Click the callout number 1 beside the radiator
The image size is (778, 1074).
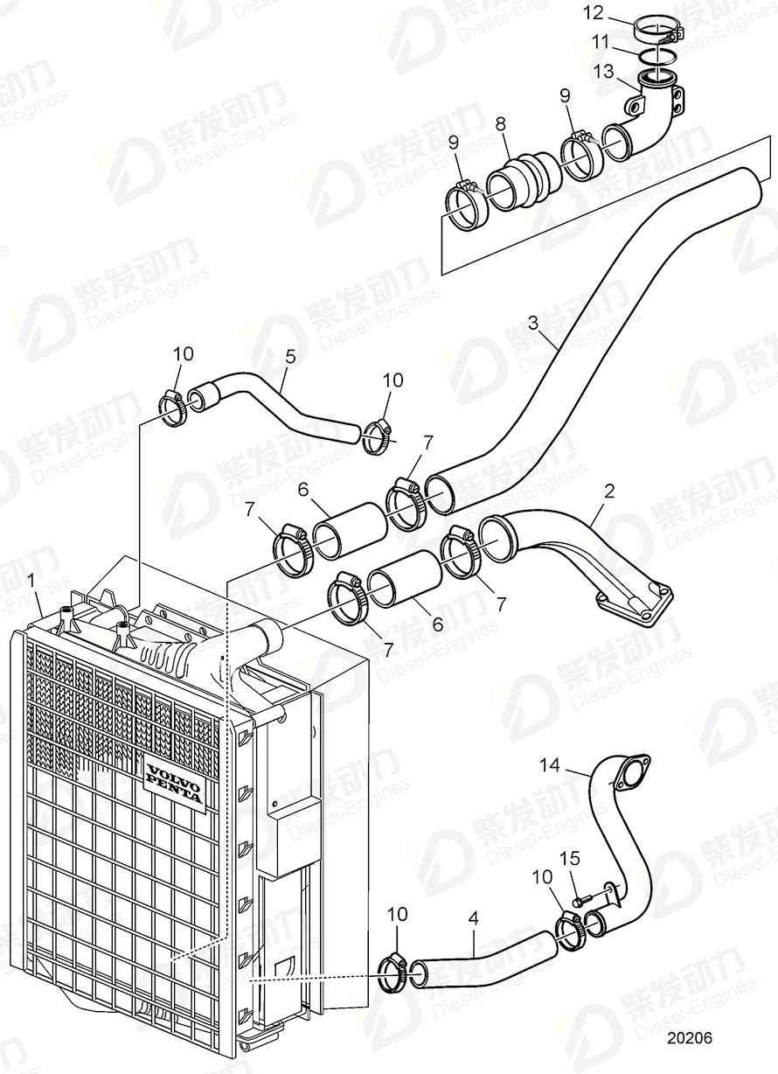pyautogui.click(x=31, y=579)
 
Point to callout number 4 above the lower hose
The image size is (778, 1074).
pyautogui.click(x=473, y=919)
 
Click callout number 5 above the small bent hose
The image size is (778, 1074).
pyautogui.click(x=291, y=357)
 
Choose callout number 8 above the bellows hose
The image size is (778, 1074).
pyautogui.click(x=500, y=125)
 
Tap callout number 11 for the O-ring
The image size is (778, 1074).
pyautogui.click(x=601, y=40)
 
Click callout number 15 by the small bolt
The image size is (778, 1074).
pyautogui.click(x=574, y=861)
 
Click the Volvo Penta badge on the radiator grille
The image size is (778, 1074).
pyautogui.click(x=174, y=785)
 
